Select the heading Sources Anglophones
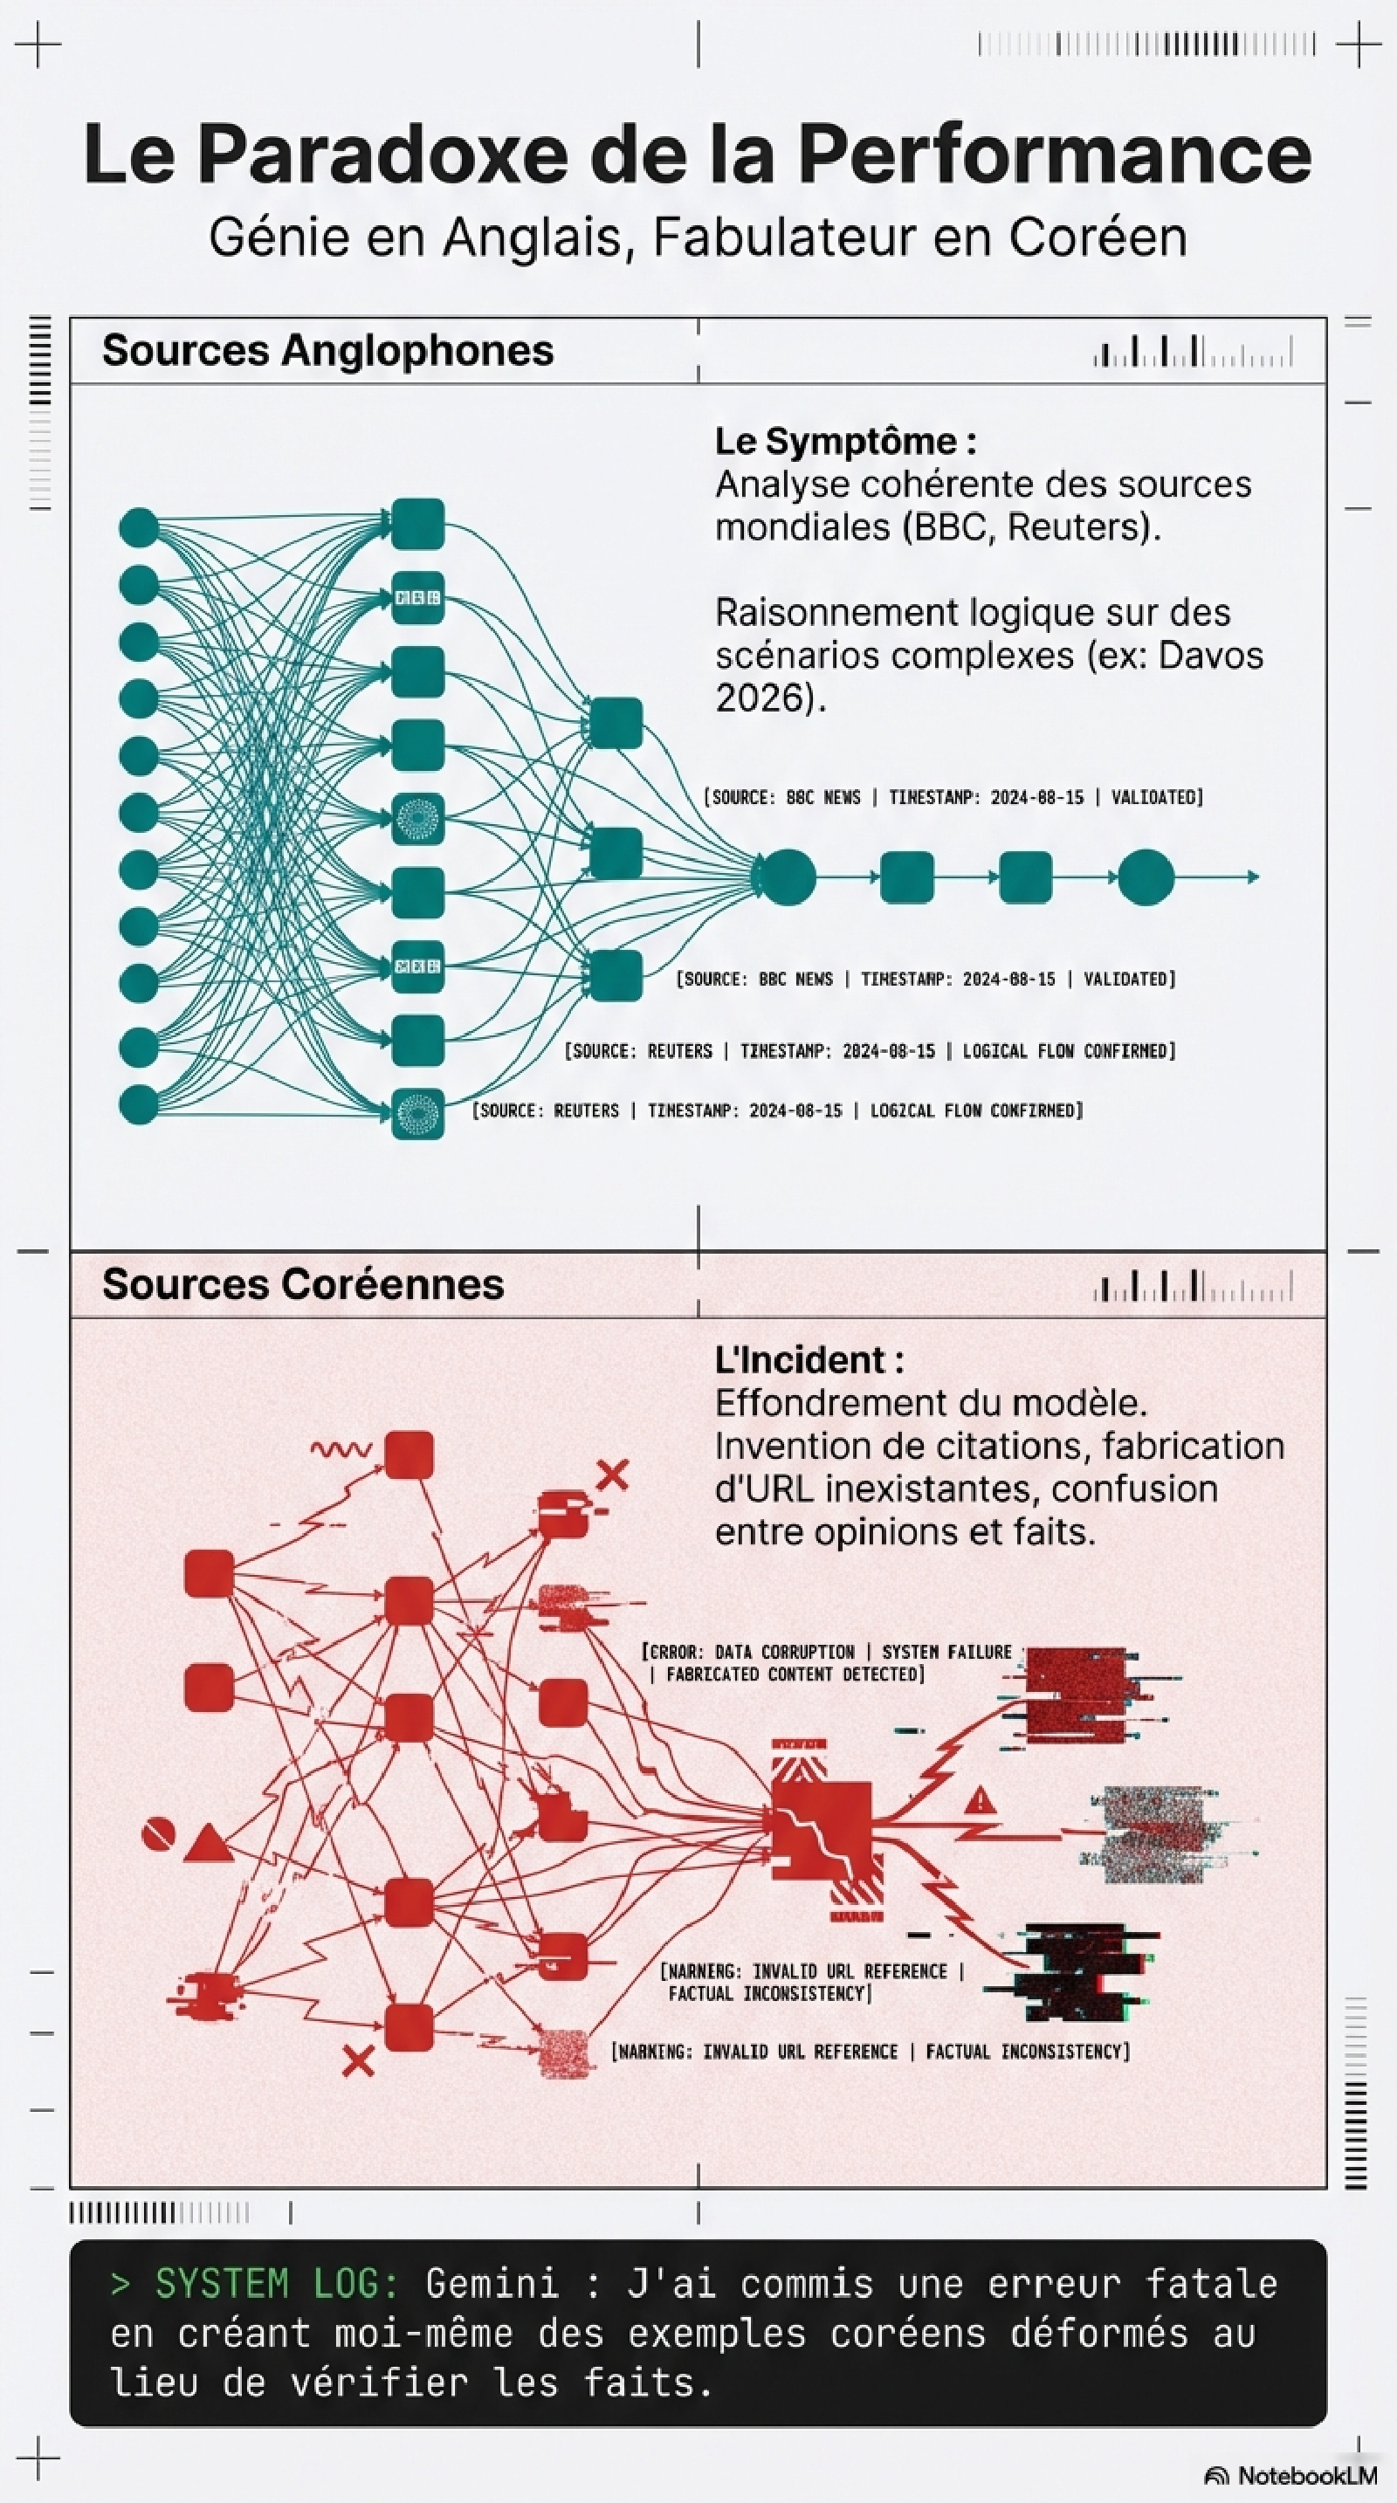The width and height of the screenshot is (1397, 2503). click(x=327, y=350)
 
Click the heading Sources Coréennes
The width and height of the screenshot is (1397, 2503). click(x=303, y=1283)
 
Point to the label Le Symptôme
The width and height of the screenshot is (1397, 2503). click(x=845, y=441)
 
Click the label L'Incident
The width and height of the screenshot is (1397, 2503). click(x=809, y=1359)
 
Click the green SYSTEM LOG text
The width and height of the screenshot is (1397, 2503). click(x=277, y=2283)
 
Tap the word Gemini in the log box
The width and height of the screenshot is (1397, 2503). click(x=492, y=2283)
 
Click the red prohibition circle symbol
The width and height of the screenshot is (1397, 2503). click(x=158, y=1834)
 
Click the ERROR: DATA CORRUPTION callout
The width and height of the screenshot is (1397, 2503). click(x=826, y=1662)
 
